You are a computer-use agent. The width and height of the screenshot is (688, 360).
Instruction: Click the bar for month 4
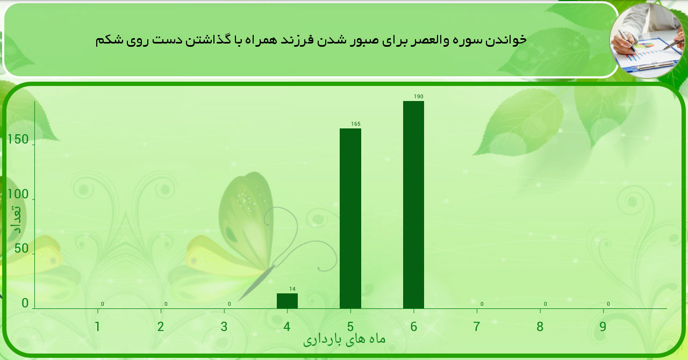coord(287,301)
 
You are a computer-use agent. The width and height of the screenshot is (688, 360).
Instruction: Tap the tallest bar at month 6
coord(413,205)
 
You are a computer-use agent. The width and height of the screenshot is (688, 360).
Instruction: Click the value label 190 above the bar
coord(419,97)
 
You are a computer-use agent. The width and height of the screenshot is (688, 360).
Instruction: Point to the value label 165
coord(356,124)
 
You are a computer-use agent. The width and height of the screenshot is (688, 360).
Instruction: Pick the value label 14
coord(292,289)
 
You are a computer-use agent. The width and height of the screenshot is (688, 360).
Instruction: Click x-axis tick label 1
coord(97,326)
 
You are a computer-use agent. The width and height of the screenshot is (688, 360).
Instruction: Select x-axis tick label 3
coord(224,326)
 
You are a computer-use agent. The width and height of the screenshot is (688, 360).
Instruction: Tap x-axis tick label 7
coord(477,326)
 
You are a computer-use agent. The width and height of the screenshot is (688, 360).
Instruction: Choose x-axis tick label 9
coord(603,326)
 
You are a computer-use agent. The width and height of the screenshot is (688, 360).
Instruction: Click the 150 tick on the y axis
coord(18,140)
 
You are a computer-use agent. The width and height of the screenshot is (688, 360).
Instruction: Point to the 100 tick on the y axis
coord(18,195)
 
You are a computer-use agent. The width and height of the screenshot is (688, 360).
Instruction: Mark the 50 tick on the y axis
coord(21,249)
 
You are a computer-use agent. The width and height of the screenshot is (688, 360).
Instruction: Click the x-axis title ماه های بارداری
coord(344,340)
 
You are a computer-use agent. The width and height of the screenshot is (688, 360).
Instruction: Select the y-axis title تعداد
coord(17,220)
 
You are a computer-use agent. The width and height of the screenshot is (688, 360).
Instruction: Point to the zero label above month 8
coord(545,304)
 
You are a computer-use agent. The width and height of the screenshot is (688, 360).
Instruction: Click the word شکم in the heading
coord(107,40)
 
